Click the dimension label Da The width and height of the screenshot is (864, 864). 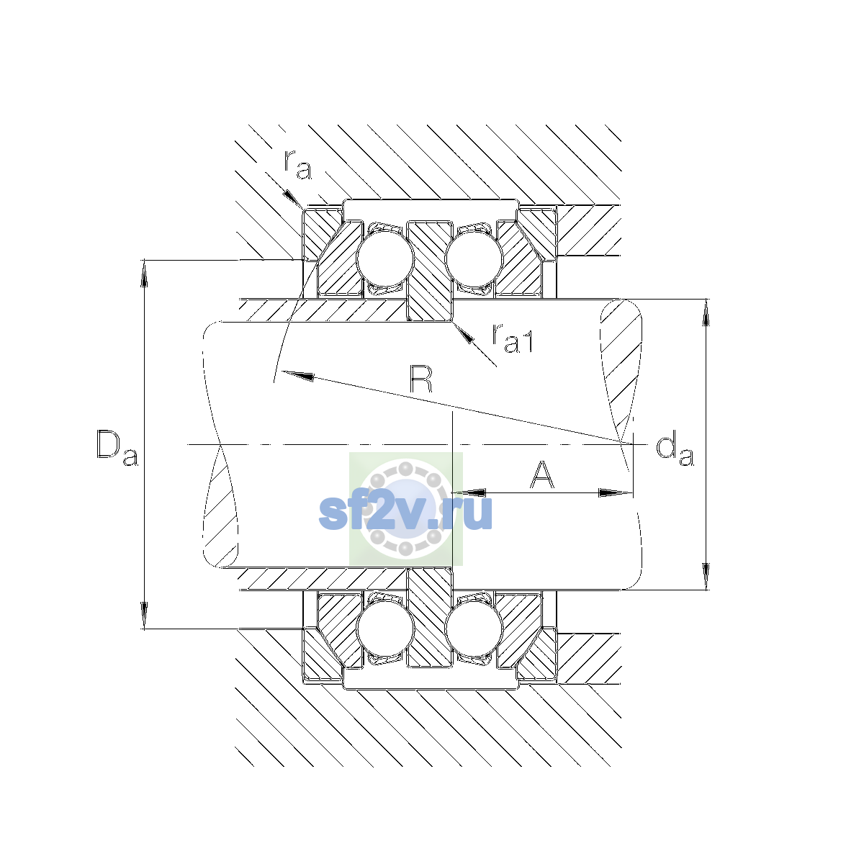[117, 449]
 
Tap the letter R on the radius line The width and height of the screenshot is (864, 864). [421, 379]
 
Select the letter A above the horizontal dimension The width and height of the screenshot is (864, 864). [542, 474]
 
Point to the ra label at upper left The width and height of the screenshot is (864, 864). [297, 165]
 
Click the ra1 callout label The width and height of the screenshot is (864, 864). [513, 338]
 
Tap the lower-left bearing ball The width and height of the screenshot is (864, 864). [385, 629]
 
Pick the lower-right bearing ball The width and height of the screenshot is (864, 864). [474, 629]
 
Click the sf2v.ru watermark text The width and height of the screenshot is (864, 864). [406, 512]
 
